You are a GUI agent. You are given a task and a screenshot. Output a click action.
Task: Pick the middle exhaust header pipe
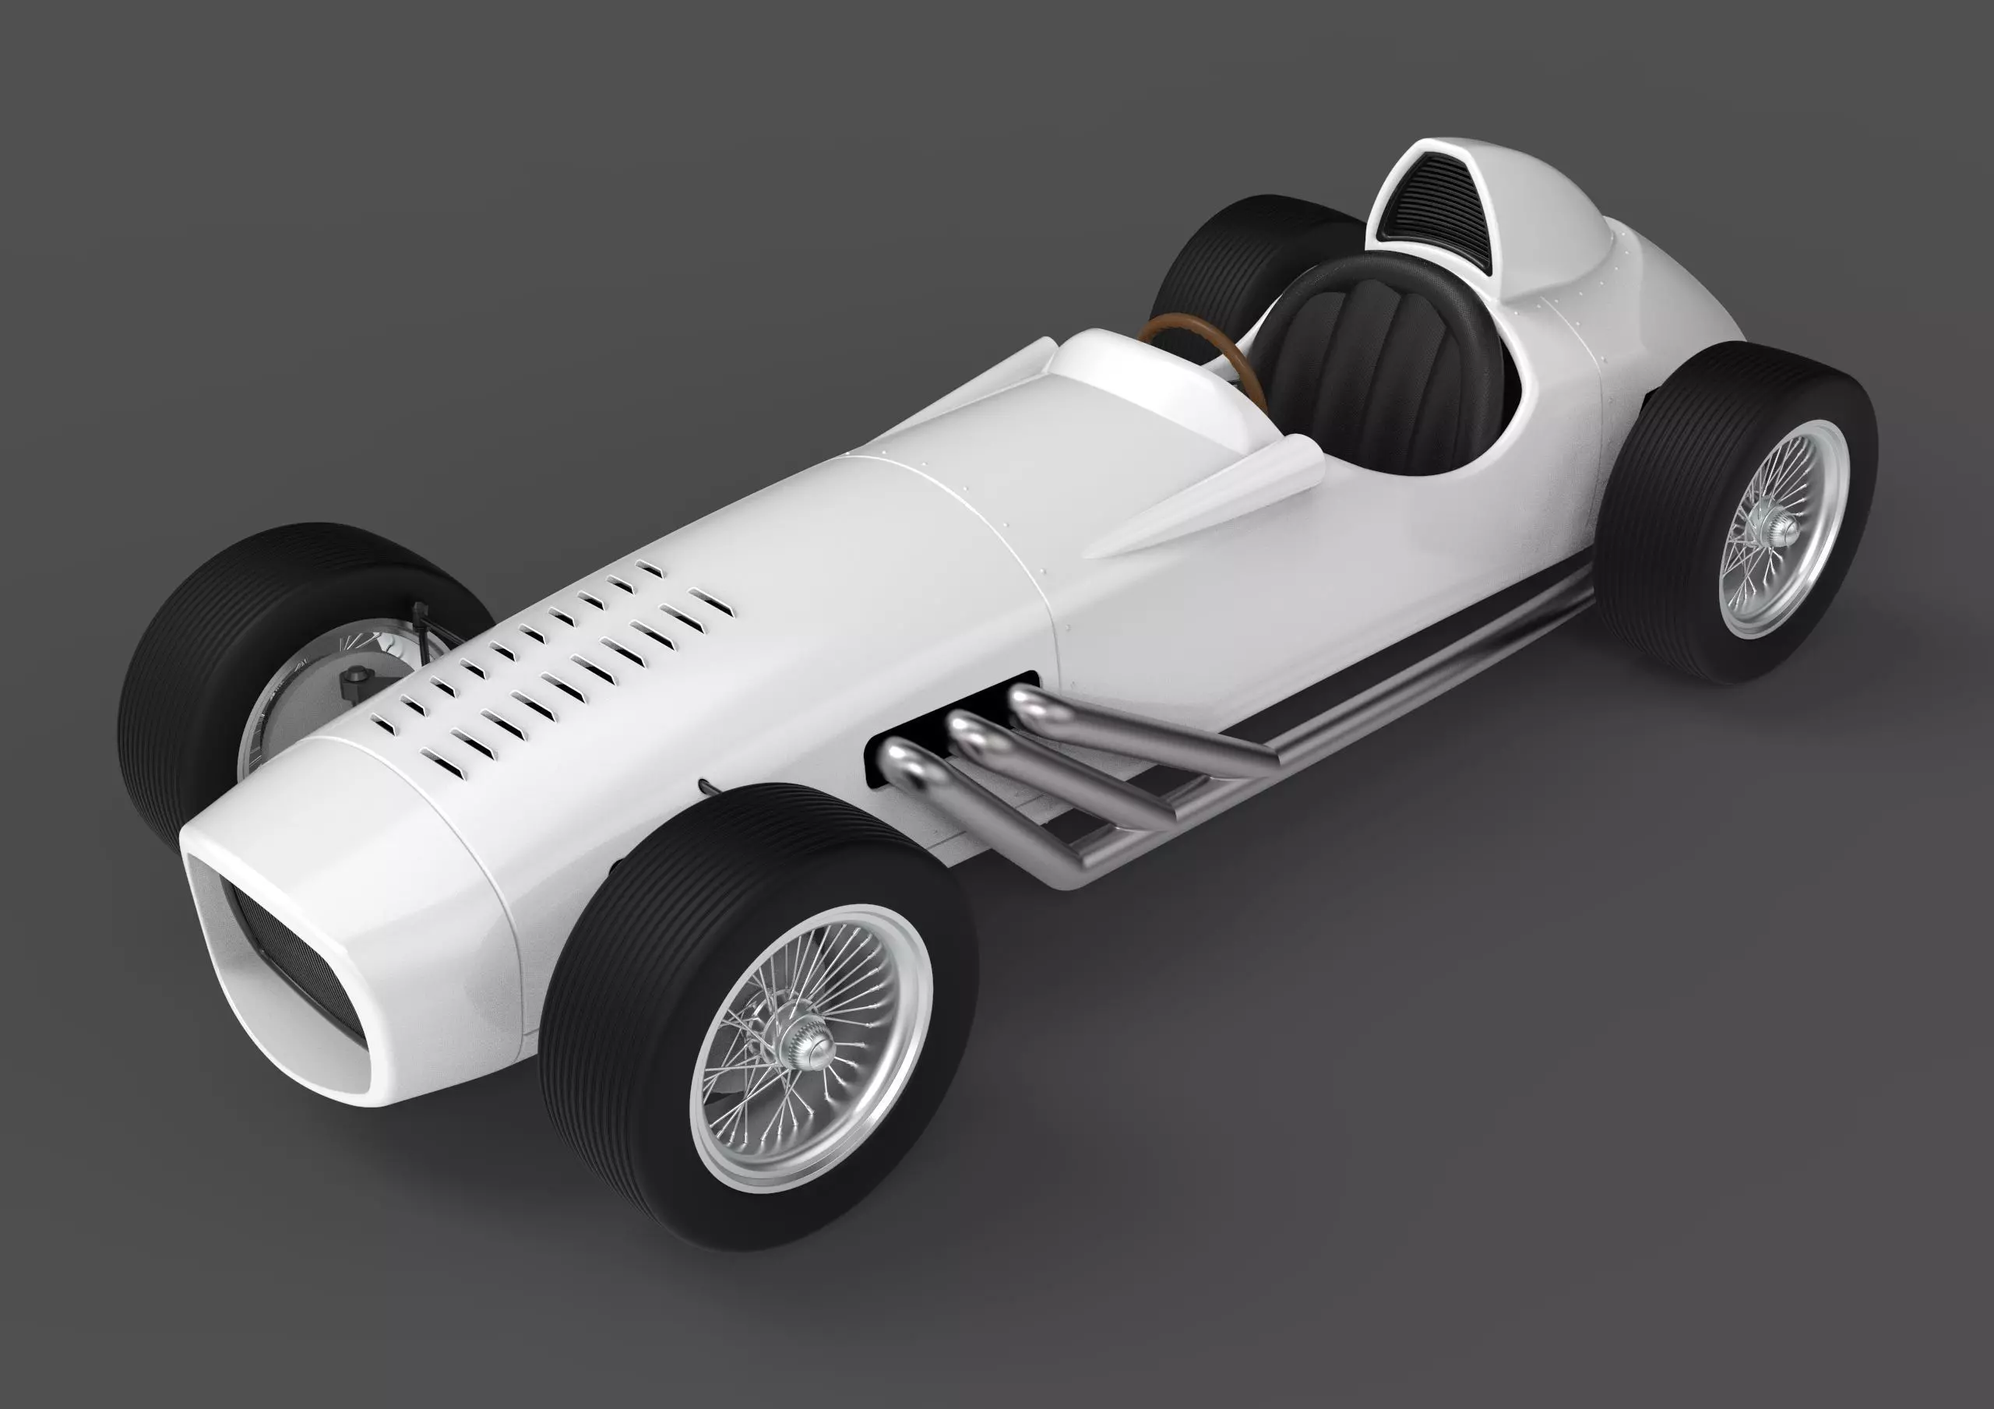tap(973, 734)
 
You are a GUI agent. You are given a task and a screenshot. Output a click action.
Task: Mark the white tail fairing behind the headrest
tap(1650, 287)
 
